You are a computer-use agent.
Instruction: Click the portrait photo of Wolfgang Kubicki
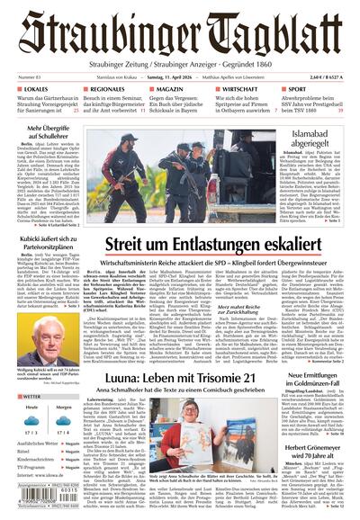coord(37,310)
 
